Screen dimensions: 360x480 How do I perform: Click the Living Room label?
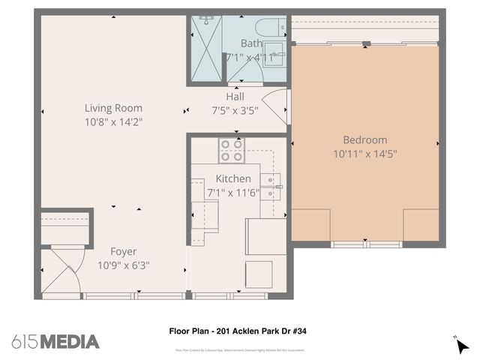(113, 108)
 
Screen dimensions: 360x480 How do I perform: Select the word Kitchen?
(233, 179)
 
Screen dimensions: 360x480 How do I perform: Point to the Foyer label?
(124, 252)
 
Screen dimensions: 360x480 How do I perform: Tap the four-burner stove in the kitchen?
(231, 151)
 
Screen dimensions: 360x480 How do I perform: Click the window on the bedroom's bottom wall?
(366, 244)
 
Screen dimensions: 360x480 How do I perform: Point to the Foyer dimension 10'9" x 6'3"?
(124, 265)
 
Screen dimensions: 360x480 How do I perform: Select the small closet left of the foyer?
(66, 228)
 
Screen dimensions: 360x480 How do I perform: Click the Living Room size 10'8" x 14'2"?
(113, 121)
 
